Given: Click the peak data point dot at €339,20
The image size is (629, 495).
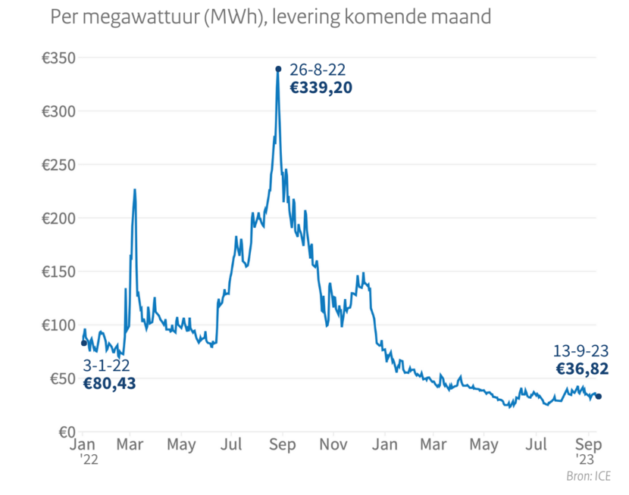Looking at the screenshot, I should tap(278, 69).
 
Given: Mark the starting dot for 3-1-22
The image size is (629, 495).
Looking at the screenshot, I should tap(83, 343).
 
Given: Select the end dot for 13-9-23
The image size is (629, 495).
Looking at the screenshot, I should tap(599, 396).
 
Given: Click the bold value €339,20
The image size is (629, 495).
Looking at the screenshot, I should tap(321, 87).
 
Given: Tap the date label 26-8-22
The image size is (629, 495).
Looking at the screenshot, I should tap(318, 70).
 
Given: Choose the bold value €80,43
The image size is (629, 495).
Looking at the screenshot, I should tap(109, 384).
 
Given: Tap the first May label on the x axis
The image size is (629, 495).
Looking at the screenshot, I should tap(182, 444).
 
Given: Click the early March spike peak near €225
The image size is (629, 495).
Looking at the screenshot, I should tap(135, 190).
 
